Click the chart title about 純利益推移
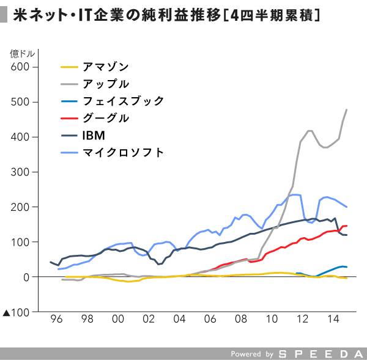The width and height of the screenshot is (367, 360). pyautogui.click(x=166, y=15)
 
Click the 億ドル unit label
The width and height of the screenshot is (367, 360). pyautogui.click(x=23, y=54)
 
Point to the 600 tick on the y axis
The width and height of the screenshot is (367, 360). pyautogui.click(x=20, y=67)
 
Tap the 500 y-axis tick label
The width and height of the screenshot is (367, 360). pyautogui.click(x=20, y=102)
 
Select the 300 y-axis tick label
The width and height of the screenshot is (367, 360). pyautogui.click(x=20, y=172)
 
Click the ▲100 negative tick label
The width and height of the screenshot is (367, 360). pyautogui.click(x=16, y=312)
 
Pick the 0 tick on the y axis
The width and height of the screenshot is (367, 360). pyautogui.click(x=26, y=277)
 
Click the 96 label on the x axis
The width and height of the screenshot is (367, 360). pyautogui.click(x=56, y=319)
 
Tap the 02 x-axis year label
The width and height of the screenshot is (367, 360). pyautogui.click(x=149, y=319)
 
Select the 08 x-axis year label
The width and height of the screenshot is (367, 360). pyautogui.click(x=241, y=319)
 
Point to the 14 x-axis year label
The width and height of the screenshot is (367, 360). pyautogui.click(x=333, y=319)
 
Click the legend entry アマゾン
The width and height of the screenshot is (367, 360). pyautogui.click(x=106, y=67)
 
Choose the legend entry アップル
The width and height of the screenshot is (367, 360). pyautogui.click(x=106, y=84)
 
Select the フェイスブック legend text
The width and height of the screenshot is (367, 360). pyautogui.click(x=123, y=101)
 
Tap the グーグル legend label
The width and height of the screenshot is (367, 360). pyautogui.click(x=106, y=118)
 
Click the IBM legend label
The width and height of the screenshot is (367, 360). pyautogui.click(x=94, y=136)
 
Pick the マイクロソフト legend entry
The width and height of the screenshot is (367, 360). pyautogui.click(x=123, y=153)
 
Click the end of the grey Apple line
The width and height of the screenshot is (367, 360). pyautogui.click(x=346, y=109)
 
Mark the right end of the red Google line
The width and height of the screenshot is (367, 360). pyautogui.click(x=347, y=226)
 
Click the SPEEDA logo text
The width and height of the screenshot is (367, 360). pyautogui.click(x=321, y=354)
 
